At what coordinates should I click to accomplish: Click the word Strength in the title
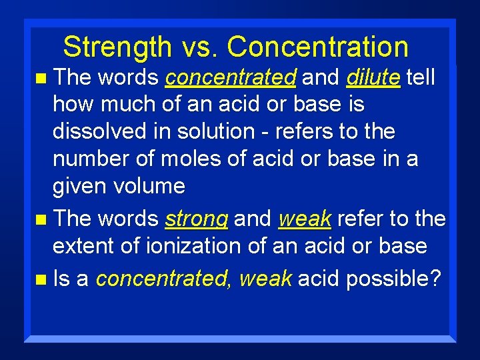(x=117, y=47)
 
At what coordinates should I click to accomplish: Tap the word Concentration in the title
(x=317, y=47)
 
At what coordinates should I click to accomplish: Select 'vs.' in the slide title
(x=199, y=47)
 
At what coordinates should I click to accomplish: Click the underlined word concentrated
(x=231, y=78)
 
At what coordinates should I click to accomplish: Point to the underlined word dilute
(x=373, y=78)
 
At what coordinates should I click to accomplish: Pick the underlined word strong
(x=197, y=219)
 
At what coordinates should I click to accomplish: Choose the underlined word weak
(x=305, y=219)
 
